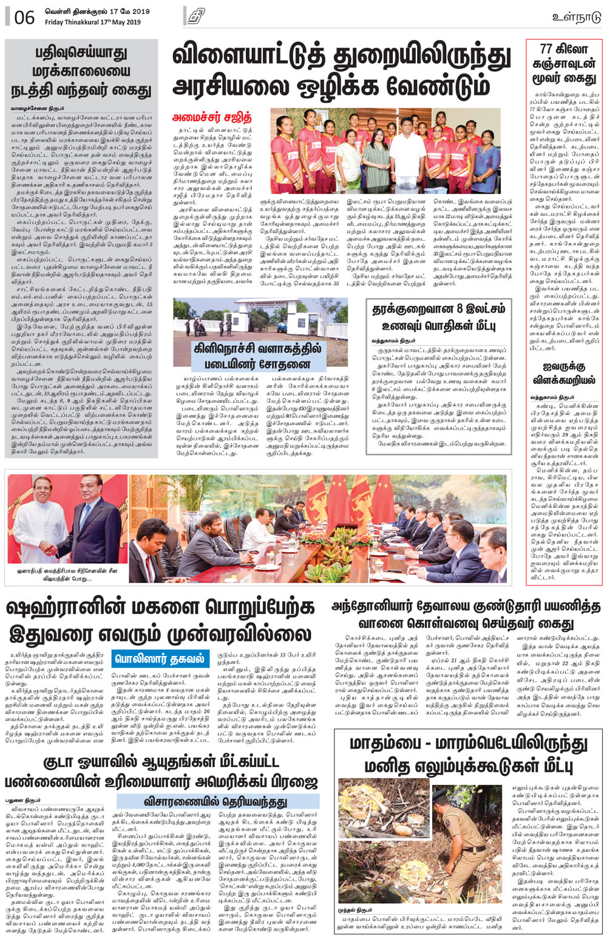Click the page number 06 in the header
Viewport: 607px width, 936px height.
[x=24, y=17]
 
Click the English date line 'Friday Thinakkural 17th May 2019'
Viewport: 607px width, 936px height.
[x=92, y=22]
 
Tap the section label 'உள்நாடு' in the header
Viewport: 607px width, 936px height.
[x=576, y=17]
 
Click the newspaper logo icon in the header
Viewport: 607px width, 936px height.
[x=195, y=16]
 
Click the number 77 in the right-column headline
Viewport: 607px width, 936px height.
[x=547, y=49]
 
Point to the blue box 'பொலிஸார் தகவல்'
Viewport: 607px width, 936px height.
[x=161, y=658]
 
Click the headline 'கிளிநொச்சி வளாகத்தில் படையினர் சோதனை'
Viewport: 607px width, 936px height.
[x=260, y=357]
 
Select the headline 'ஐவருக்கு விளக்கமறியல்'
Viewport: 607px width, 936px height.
[x=564, y=374]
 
